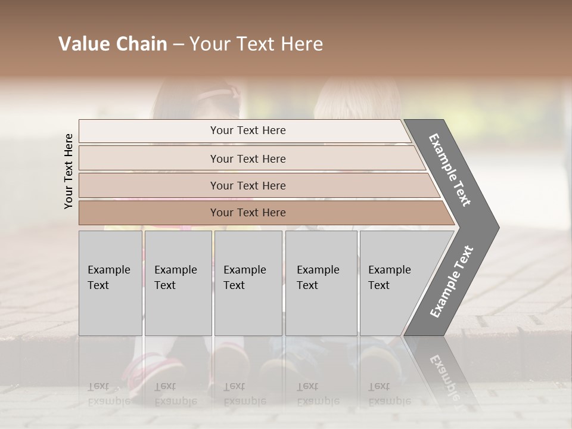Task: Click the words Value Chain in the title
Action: tap(113, 44)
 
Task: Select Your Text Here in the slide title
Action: tap(256, 44)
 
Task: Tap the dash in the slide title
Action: tap(178, 45)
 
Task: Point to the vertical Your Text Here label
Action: tap(69, 171)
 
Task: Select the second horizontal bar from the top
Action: tap(248, 158)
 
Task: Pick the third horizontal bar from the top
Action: tap(248, 185)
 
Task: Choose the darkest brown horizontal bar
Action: tap(248, 213)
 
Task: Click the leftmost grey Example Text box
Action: tap(110, 283)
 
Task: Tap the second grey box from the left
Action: tap(178, 283)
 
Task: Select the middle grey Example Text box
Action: tap(248, 283)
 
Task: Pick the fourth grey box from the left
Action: tap(321, 283)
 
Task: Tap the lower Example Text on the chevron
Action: tap(452, 281)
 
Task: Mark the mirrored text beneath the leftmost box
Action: tap(110, 394)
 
